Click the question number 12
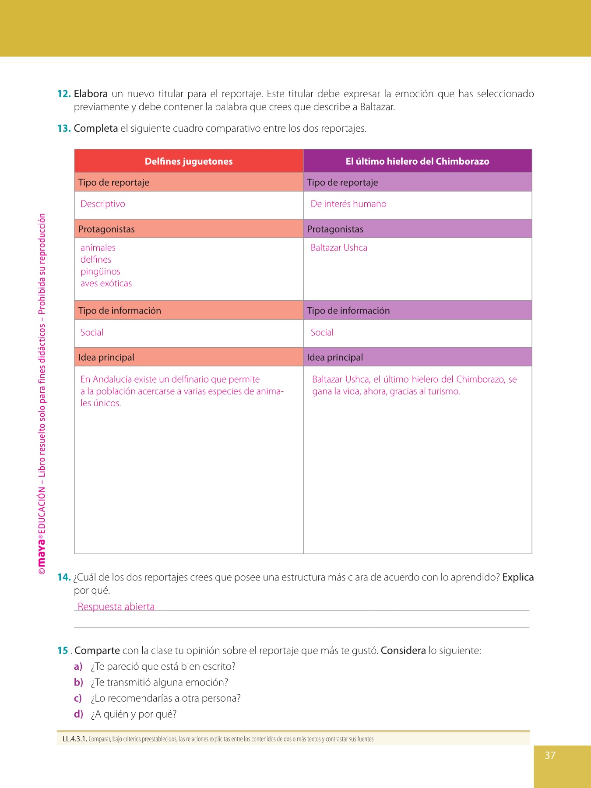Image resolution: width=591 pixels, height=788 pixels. coord(64,94)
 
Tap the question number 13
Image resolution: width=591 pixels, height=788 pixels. coord(64,128)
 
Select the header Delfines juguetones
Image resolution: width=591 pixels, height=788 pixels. coord(189,161)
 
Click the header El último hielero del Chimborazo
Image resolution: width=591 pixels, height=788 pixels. coord(417,161)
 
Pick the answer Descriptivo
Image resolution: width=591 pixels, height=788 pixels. coord(103,204)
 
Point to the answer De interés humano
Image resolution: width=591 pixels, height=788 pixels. coord(348,204)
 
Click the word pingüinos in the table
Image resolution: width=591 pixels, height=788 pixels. coord(100,271)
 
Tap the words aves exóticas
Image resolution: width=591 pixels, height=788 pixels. coord(106,284)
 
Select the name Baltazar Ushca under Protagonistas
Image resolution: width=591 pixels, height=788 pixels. coord(339,248)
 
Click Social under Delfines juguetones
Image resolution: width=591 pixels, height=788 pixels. coord(92,333)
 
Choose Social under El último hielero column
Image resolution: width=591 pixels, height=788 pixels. coord(322,333)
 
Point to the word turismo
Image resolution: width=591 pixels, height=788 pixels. coord(443,391)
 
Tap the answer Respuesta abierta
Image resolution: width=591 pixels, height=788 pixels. coord(116,607)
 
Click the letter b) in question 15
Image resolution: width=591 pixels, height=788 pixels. coord(78,682)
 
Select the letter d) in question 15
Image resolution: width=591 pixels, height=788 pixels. coord(78,714)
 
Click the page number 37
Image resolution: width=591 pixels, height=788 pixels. coord(550,755)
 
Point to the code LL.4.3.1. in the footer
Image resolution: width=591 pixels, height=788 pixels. coord(75,739)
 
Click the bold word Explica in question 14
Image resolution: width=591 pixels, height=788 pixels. coord(518,577)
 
